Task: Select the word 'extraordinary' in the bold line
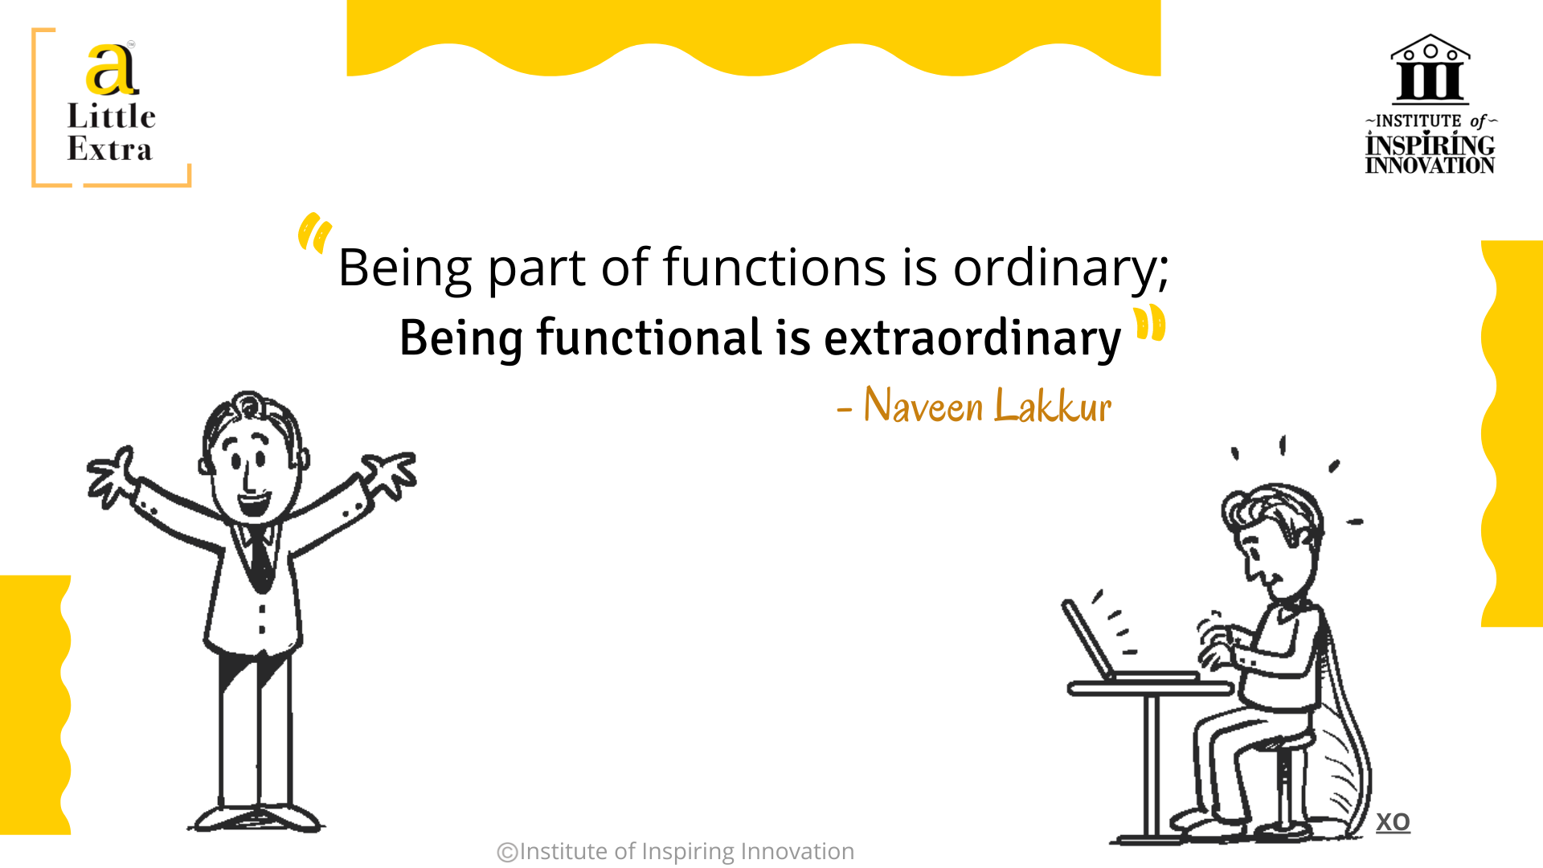[972, 338]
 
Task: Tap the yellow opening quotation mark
[314, 233]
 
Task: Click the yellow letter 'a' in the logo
[112, 70]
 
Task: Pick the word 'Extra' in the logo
[109, 149]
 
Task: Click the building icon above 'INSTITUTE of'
[1430, 69]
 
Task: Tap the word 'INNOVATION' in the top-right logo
[1430, 166]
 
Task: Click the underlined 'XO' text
[1393, 822]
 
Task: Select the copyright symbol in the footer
[507, 852]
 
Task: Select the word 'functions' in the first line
[775, 267]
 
